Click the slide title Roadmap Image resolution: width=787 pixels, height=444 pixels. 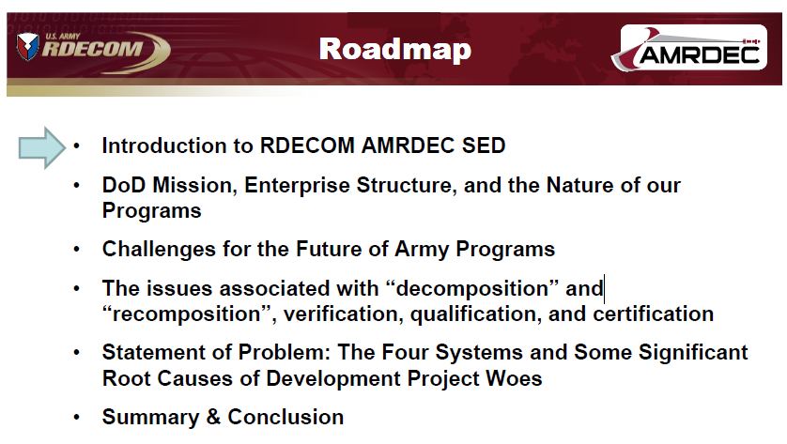[395, 50]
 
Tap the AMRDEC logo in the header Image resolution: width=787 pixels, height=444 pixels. [688, 48]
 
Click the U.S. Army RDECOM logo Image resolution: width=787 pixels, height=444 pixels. [93, 51]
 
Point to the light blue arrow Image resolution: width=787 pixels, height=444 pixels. [42, 147]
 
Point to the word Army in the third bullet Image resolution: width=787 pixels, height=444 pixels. [422, 250]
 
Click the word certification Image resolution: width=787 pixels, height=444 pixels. [654, 314]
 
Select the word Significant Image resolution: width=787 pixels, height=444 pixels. [693, 353]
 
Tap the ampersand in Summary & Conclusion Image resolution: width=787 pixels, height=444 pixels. [213, 418]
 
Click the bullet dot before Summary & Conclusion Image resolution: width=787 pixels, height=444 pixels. [76, 418]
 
